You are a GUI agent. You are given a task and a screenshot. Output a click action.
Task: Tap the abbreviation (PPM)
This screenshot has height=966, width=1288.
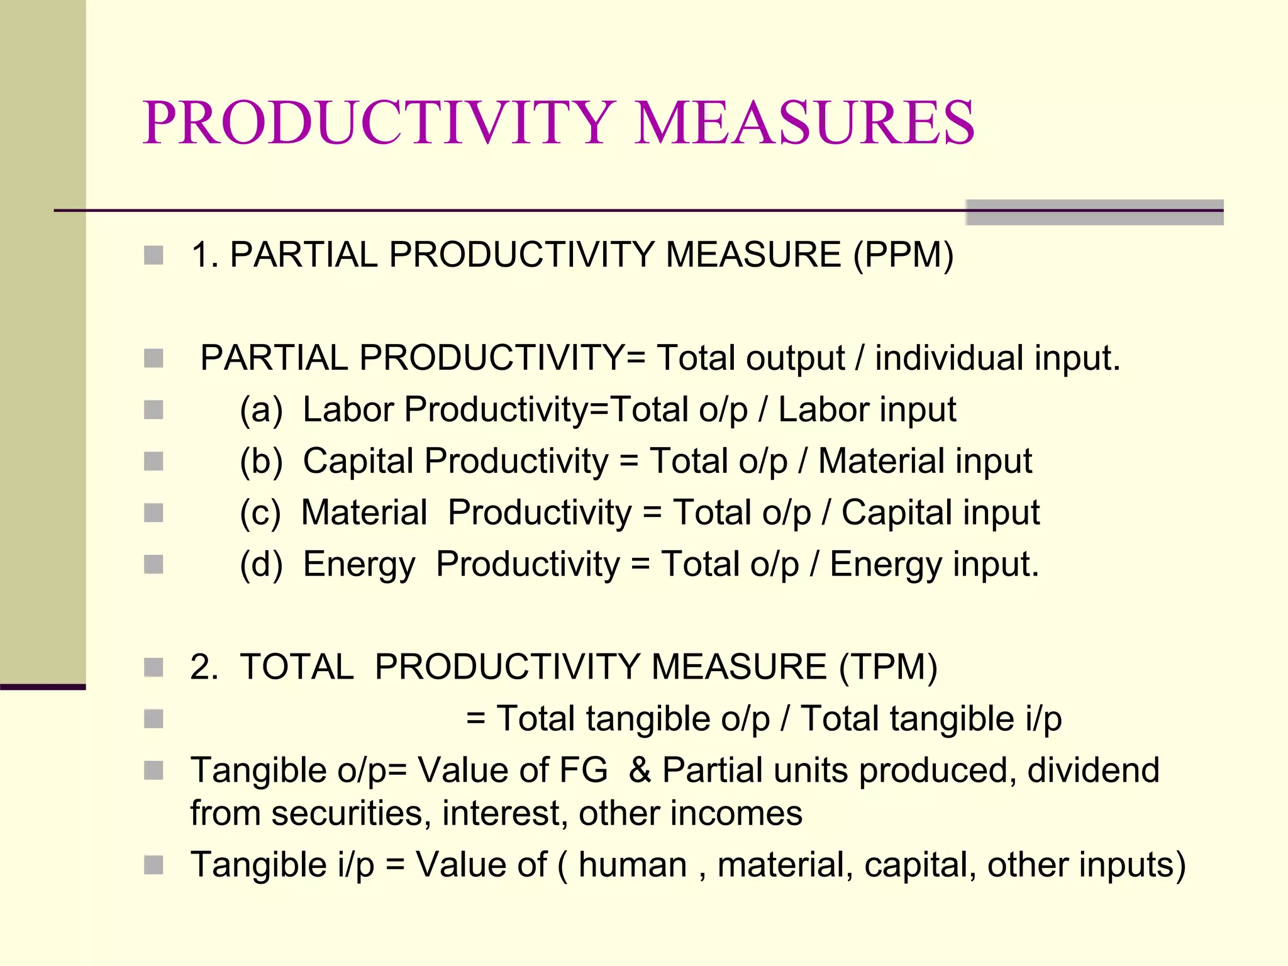point(903,255)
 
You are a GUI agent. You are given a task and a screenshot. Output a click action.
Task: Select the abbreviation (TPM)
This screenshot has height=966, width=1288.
point(888,667)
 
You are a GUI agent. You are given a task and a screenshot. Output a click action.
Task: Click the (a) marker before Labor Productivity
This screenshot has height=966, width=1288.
point(261,410)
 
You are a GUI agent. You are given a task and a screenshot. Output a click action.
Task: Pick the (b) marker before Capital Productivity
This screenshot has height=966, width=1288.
point(261,462)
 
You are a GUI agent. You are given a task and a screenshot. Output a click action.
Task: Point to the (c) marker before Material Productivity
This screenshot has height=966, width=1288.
point(260,513)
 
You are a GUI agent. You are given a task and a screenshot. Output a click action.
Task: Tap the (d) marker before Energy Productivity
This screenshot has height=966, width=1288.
point(261,565)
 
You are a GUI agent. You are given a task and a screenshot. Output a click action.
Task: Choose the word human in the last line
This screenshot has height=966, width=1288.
point(632,865)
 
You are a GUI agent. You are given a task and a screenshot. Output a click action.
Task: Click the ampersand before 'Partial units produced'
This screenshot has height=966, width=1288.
point(640,770)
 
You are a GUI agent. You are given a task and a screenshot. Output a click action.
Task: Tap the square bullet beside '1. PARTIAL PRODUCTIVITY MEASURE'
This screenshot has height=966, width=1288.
point(153,255)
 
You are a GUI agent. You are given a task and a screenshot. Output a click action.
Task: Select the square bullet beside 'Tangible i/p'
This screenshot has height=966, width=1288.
point(153,865)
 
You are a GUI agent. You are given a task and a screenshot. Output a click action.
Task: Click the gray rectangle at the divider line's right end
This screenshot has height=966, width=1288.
point(1094,213)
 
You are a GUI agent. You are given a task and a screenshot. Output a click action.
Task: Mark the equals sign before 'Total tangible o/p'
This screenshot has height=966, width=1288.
point(475,719)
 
